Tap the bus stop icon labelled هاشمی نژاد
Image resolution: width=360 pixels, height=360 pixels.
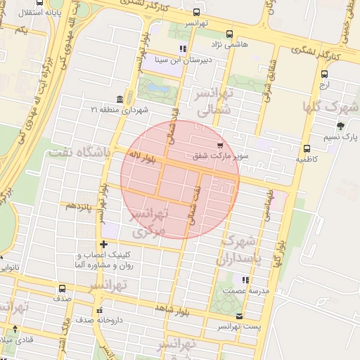(x=229, y=34)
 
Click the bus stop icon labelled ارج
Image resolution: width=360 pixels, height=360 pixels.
(x=324, y=74)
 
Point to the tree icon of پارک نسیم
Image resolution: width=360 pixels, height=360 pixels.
(x=341, y=126)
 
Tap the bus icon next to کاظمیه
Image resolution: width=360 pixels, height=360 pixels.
(x=307, y=148)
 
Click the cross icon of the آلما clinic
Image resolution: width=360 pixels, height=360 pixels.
(x=103, y=243)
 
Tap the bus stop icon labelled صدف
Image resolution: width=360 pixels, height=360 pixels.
(x=63, y=288)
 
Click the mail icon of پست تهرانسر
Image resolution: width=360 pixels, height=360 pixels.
(x=241, y=316)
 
